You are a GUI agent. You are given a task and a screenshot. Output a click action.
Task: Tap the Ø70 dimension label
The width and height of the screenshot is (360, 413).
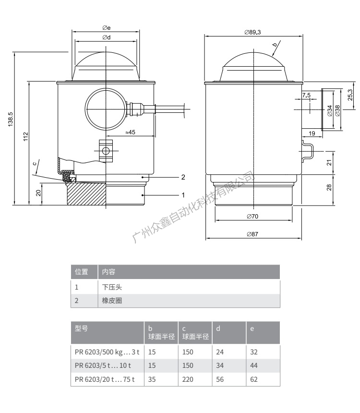[x=252, y=217]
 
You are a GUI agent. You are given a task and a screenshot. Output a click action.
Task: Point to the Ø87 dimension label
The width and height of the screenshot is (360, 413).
[x=252, y=234]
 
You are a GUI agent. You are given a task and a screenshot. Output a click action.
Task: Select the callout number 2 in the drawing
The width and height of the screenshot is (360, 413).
[x=183, y=177]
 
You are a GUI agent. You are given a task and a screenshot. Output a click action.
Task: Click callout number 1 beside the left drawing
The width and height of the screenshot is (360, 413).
[x=183, y=195]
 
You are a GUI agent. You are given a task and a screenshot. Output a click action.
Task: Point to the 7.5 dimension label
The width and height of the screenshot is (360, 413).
[x=306, y=96]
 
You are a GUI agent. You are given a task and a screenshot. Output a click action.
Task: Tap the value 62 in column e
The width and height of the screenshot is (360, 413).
[x=254, y=378]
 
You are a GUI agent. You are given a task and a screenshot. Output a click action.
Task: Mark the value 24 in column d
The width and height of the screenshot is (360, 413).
[x=220, y=352]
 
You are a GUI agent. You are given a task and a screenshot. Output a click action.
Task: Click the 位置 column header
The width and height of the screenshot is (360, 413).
[x=82, y=272]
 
